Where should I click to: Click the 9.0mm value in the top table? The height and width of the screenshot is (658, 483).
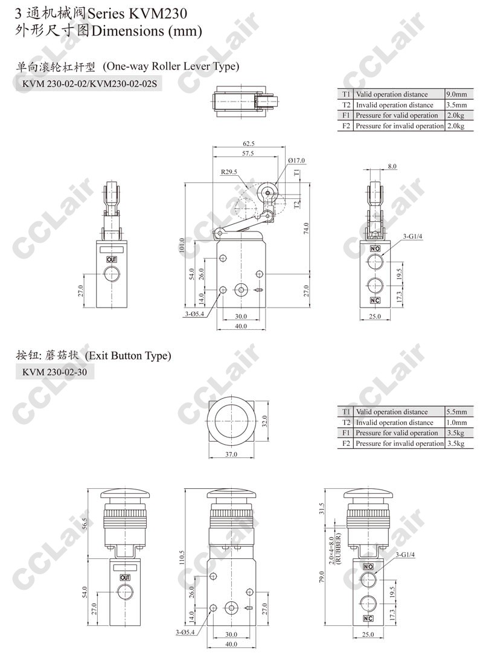[x=456, y=94]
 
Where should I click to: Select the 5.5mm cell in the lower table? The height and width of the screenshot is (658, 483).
[x=456, y=412]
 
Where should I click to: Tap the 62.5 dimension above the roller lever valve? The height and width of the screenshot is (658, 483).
[x=248, y=144]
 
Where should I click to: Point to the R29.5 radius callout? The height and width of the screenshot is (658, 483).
[x=229, y=172]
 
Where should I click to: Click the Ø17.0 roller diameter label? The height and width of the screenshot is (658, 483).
[x=297, y=161]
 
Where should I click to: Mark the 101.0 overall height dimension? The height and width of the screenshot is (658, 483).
[x=182, y=246]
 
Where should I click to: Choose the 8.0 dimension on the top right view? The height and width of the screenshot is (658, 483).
[x=392, y=166]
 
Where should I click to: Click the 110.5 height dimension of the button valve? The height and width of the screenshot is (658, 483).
[x=182, y=558]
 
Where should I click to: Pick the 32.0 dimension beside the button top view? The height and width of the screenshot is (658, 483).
[x=264, y=421]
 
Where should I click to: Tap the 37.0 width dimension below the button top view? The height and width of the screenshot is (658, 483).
[x=231, y=454]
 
